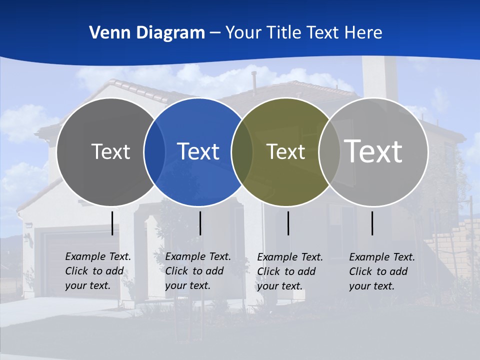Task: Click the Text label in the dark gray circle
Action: pyautogui.click(x=110, y=151)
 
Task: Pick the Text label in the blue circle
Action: pyautogui.click(x=198, y=151)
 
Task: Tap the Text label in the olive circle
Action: pyautogui.click(x=285, y=152)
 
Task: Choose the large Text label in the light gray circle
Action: pyautogui.click(x=373, y=151)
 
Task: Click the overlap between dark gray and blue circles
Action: pyautogui.click(x=154, y=152)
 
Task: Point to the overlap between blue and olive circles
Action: pyautogui.click(x=242, y=152)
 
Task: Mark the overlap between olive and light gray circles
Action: pyautogui.click(x=329, y=152)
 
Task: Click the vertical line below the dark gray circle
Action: pyautogui.click(x=112, y=223)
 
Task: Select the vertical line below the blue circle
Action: pyautogui.click(x=200, y=223)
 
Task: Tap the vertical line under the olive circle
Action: pyautogui.click(x=288, y=223)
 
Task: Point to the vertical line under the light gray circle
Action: pyautogui.click(x=372, y=223)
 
